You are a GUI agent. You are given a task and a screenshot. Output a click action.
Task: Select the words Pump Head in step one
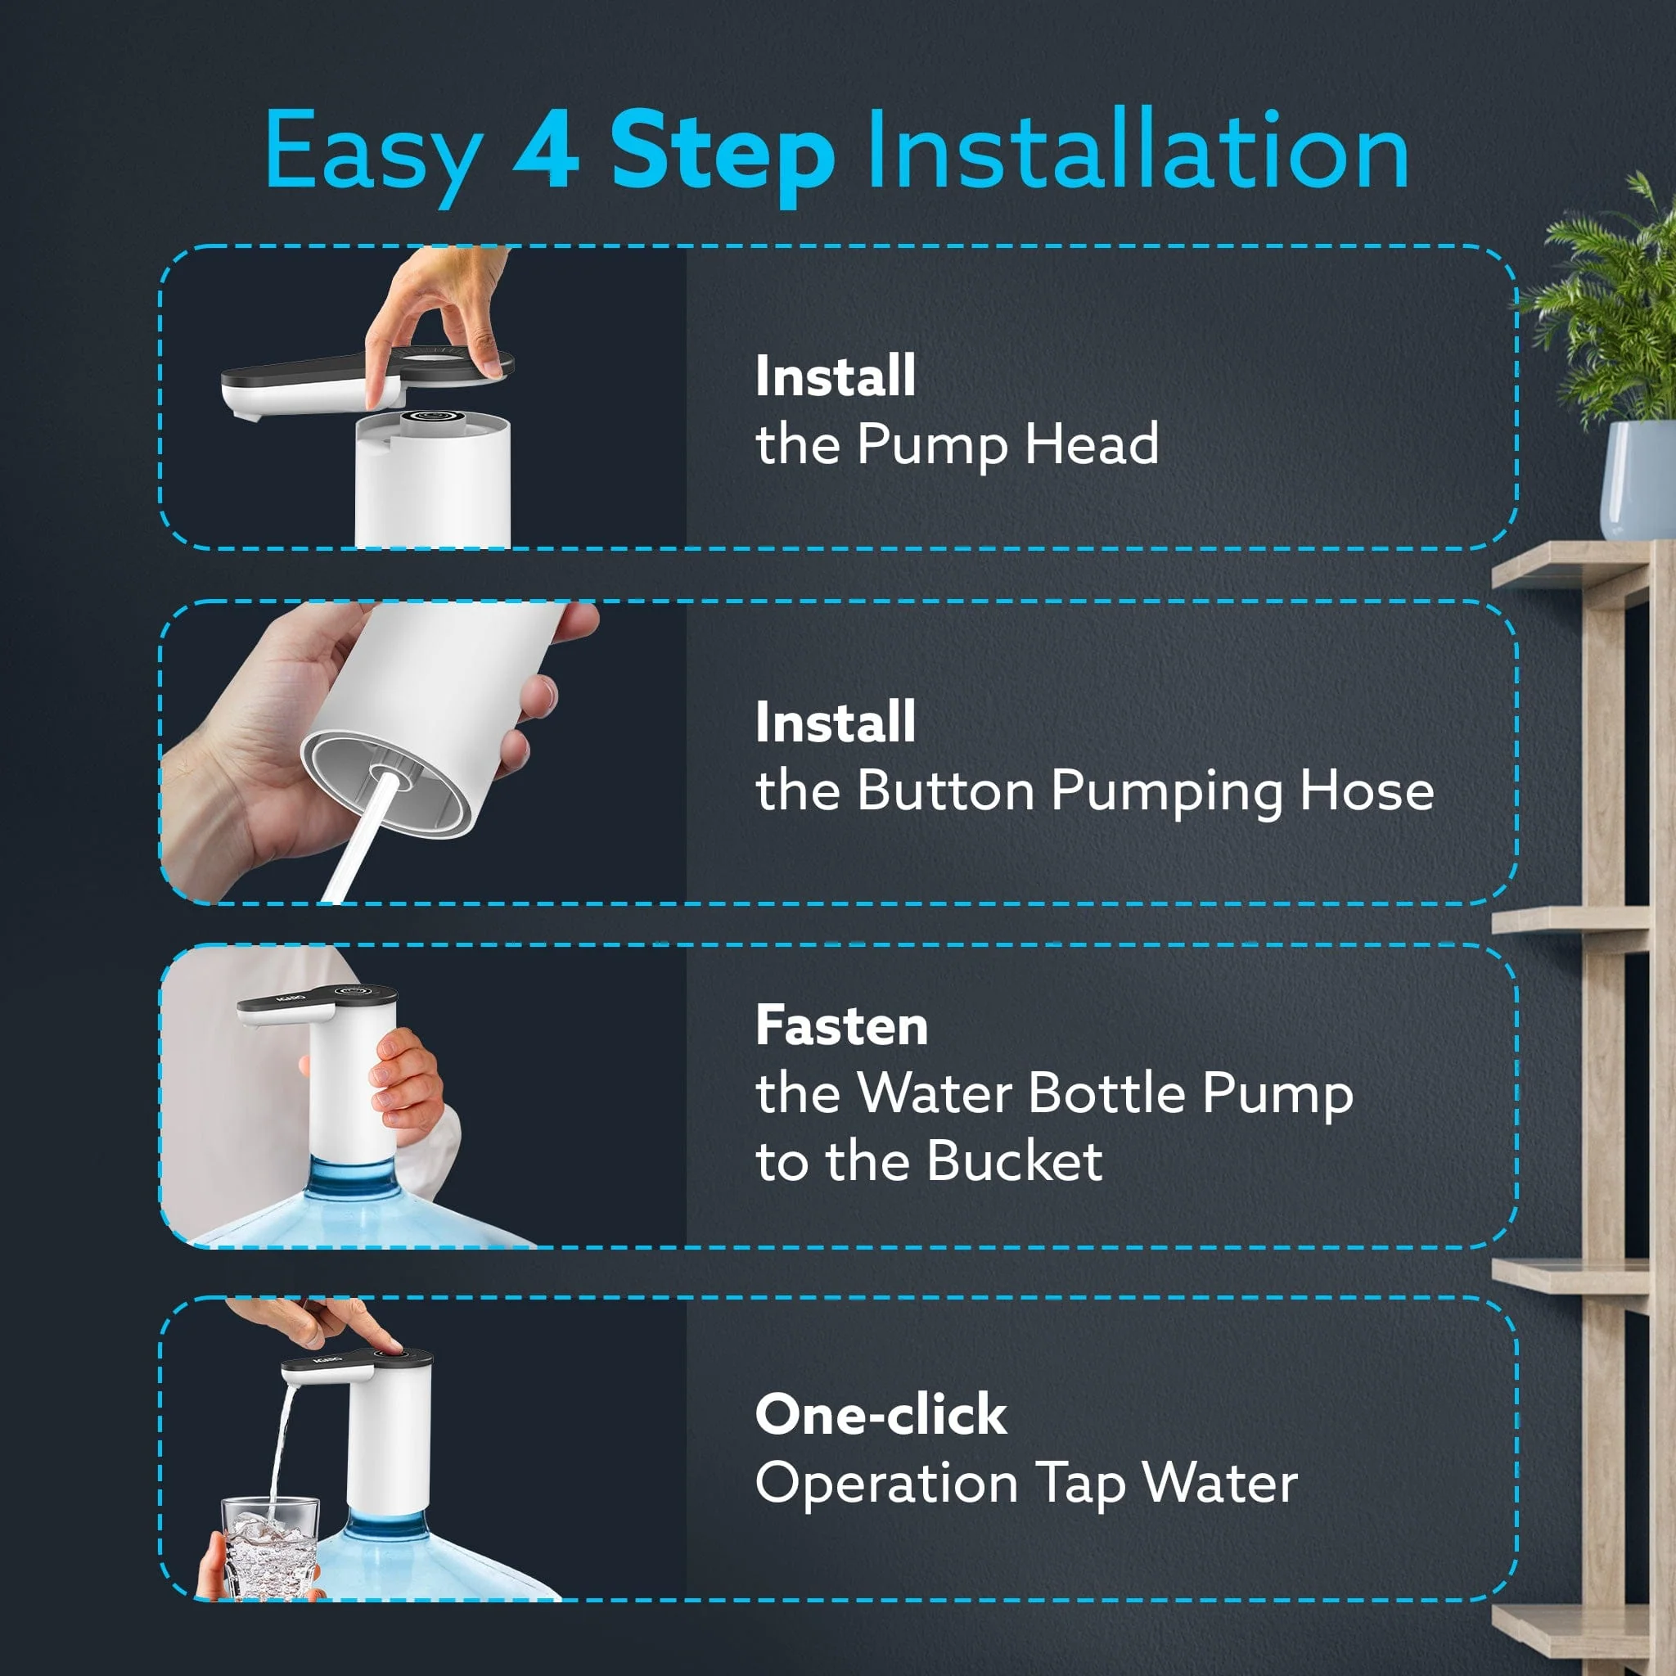[x=1008, y=444]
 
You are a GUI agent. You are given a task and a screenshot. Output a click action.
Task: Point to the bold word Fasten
[x=841, y=1025]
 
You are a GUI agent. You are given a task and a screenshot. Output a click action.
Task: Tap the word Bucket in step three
[x=1020, y=1160]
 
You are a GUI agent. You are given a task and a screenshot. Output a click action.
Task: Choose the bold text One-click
[x=881, y=1414]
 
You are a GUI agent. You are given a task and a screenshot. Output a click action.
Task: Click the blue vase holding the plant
[x=1638, y=480]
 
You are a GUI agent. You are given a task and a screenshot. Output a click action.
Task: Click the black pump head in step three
[x=317, y=1001]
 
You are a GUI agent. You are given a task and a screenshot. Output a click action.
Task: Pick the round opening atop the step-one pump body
[x=431, y=417]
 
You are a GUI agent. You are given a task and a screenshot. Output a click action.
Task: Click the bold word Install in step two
[x=836, y=722]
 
